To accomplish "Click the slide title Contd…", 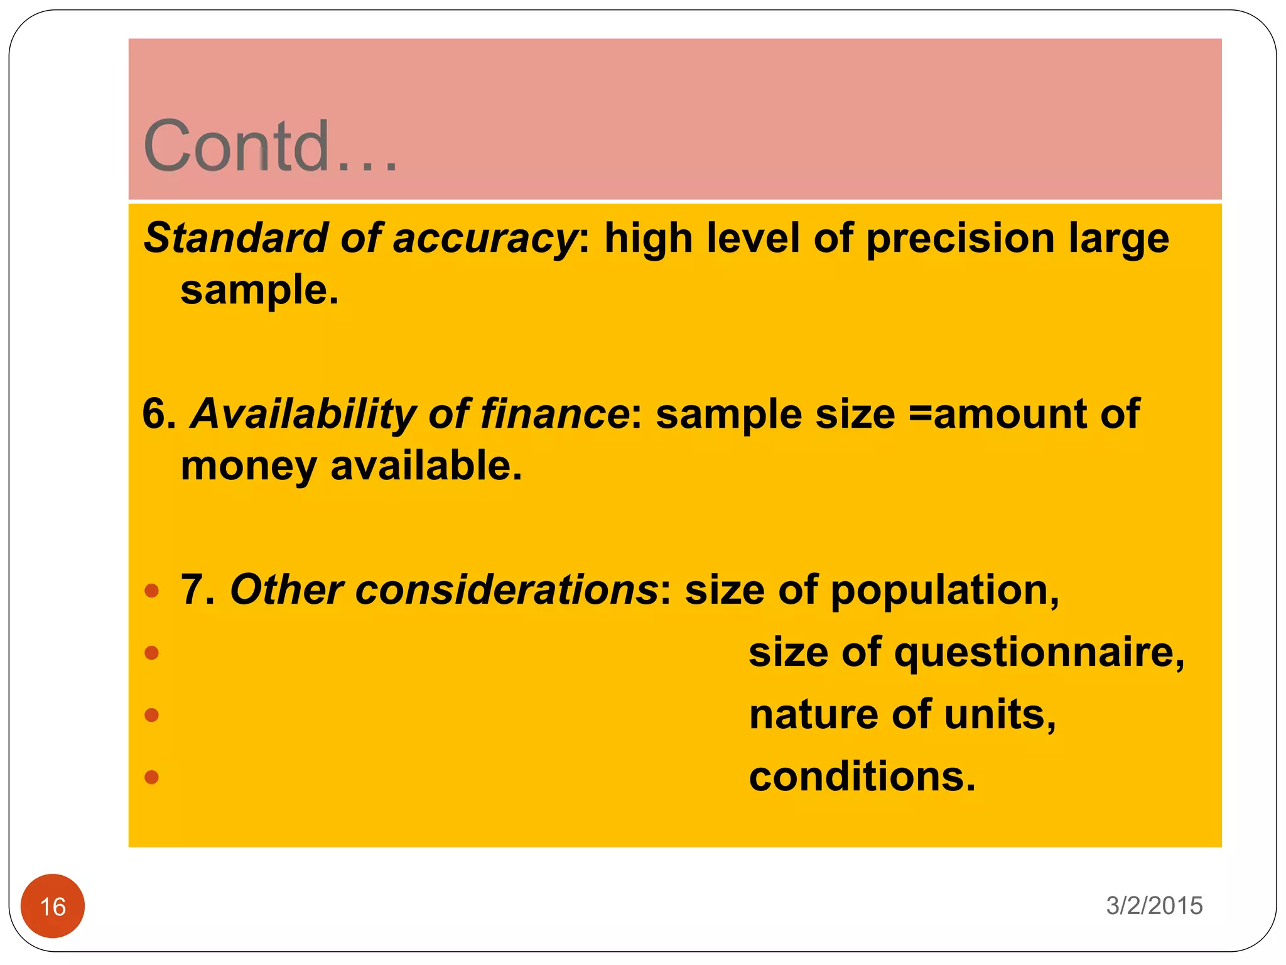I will [270, 146].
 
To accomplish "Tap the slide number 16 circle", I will [53, 906].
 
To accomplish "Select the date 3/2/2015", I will [1154, 905].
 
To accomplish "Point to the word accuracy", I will [484, 239].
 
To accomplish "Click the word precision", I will [960, 239].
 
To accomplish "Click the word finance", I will [554, 414].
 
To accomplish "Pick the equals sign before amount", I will [921, 414].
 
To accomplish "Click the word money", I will [249, 467].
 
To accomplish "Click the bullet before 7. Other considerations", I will [151, 591].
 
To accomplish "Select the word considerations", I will [444, 590].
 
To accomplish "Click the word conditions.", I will [862, 777].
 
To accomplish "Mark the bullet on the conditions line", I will [151, 777].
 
